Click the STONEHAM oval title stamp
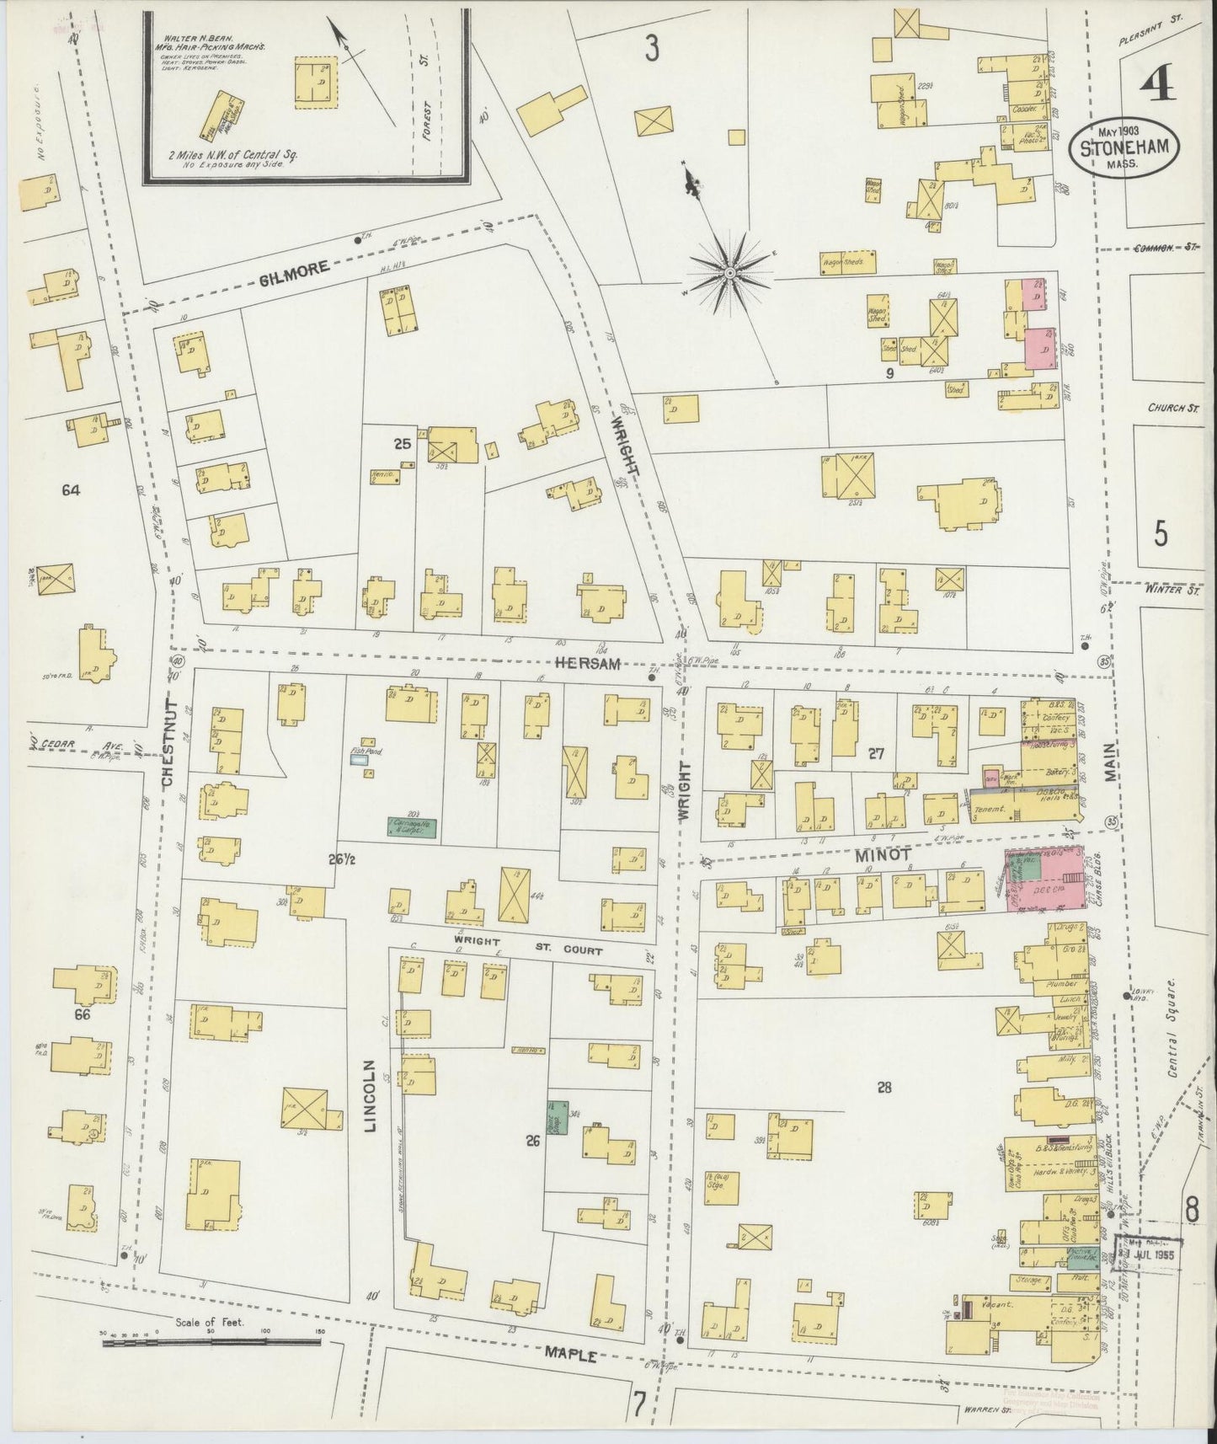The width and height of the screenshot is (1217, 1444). [x=1124, y=149]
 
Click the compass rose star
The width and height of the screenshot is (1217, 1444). [x=729, y=272]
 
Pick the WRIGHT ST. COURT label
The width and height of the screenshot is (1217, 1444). [x=527, y=944]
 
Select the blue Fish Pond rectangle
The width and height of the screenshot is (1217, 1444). [x=360, y=759]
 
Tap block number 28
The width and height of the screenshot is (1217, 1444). [x=883, y=1088]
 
